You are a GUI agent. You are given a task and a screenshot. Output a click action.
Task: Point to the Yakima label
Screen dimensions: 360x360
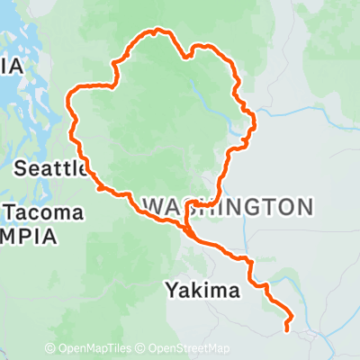(x=203, y=290)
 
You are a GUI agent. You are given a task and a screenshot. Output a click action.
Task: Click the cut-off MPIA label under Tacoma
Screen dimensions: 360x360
(x=27, y=237)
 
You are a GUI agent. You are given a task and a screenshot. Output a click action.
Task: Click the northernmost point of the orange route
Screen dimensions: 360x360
(x=159, y=31)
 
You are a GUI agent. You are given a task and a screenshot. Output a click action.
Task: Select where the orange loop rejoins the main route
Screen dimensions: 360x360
(x=187, y=230)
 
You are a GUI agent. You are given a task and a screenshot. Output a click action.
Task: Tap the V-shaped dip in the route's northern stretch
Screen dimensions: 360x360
(x=186, y=57)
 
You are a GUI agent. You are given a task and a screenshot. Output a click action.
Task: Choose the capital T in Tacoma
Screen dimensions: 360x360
(x=11, y=213)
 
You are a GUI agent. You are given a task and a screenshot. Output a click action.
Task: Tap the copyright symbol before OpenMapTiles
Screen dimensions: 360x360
(x=50, y=349)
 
